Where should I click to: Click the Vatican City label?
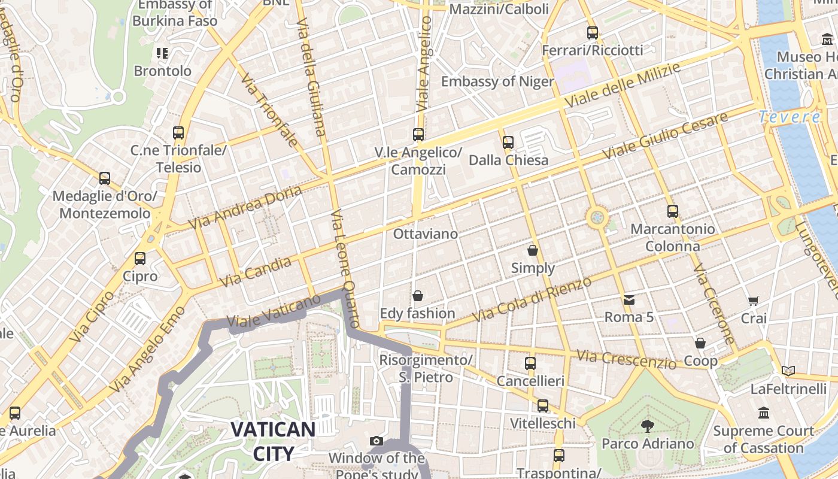coord(273,441)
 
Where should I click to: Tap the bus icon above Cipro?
coord(140,259)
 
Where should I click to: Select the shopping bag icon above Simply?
coord(533,250)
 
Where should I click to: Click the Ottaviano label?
coord(425,234)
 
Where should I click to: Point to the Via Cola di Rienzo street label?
coord(532,299)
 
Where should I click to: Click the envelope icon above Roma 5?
coord(628,299)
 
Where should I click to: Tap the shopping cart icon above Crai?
coord(753,301)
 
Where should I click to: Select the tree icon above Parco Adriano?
coord(647,426)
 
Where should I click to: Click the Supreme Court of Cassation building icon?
coord(764,413)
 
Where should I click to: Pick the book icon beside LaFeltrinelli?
coord(788,371)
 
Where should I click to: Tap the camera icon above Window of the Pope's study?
coord(377,441)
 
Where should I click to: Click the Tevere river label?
coord(790,117)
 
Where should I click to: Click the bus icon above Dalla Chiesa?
coord(508,142)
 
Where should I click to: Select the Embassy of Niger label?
coord(497,81)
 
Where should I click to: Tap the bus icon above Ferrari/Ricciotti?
coord(593,33)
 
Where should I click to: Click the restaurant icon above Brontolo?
coord(162,53)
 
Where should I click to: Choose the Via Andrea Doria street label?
coord(245,208)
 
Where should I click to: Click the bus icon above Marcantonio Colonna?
coord(673,211)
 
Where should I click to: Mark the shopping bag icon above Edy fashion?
coord(418,296)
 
